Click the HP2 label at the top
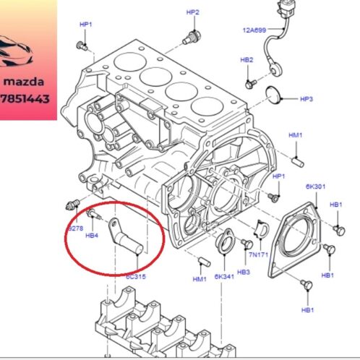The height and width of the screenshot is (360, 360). tap(192, 13)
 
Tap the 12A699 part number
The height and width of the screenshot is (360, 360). tap(254, 31)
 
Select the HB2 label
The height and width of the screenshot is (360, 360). tap(247, 60)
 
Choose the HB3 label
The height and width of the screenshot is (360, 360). tap(244, 272)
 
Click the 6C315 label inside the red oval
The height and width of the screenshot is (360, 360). tap(135, 275)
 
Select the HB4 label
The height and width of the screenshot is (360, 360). tap(92, 235)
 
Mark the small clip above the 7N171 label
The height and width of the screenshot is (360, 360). tap(262, 229)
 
